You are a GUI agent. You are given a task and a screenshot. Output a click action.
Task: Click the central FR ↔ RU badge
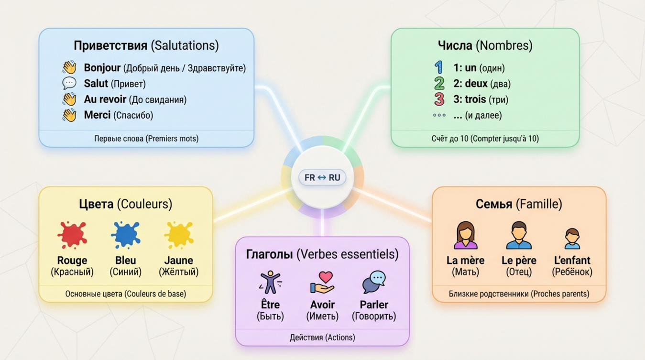322,178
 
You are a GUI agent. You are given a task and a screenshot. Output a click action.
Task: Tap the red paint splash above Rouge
72,234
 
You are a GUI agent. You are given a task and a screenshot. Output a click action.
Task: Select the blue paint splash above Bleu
125,234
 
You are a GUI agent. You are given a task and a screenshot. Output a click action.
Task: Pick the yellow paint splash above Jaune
179,234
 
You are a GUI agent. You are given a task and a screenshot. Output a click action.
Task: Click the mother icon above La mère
465,235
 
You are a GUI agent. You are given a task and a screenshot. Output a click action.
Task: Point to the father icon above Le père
519,235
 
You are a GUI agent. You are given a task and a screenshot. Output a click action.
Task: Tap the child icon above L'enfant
572,238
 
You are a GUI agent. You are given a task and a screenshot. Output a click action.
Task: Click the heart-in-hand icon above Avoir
322,282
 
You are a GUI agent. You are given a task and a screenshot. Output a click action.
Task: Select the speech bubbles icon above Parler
374,282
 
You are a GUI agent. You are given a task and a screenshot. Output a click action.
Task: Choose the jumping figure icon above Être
270,282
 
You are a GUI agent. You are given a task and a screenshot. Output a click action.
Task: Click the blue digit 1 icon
438,67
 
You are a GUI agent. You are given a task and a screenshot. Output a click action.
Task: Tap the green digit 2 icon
439,83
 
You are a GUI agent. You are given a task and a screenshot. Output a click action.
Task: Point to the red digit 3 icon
439,99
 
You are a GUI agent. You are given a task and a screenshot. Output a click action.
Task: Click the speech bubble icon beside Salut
69,83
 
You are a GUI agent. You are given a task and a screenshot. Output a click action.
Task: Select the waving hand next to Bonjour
69,67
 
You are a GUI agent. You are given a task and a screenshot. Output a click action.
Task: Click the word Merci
98,115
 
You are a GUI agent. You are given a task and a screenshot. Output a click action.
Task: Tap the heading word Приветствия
110,46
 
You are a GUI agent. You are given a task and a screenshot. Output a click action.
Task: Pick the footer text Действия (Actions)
322,338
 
